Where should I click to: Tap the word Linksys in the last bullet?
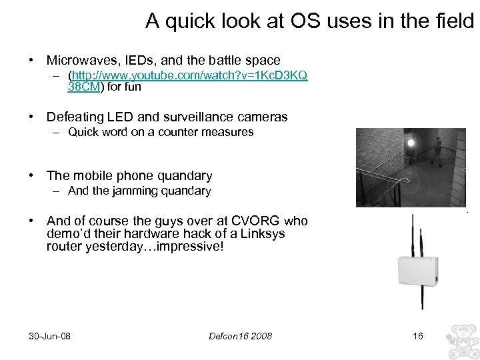coord(263,233)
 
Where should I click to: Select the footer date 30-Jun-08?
coord(50,335)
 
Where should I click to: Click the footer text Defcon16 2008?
coord(240,335)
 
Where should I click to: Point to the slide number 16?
coord(418,335)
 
